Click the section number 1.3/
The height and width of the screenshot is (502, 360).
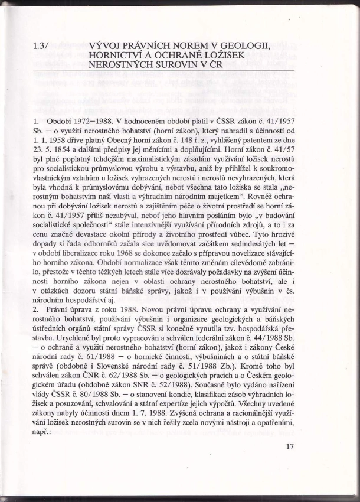coord(42,44)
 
